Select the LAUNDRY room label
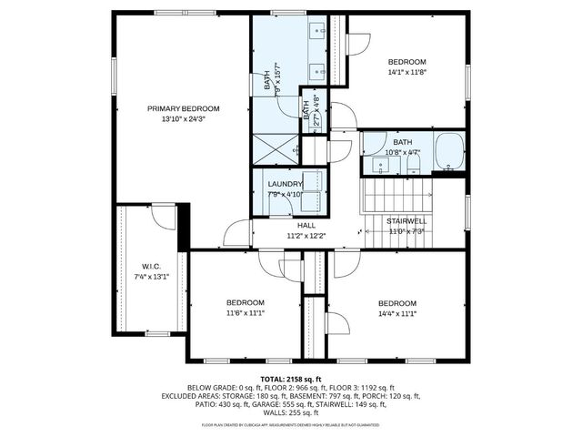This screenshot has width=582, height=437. click(284, 184)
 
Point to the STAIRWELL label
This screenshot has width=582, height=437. click(406, 221)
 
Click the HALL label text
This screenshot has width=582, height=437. click(306, 225)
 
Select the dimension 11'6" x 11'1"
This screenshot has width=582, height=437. click(245, 313)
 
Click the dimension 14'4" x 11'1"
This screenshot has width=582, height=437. click(396, 313)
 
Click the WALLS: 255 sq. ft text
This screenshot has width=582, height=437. click(291, 414)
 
